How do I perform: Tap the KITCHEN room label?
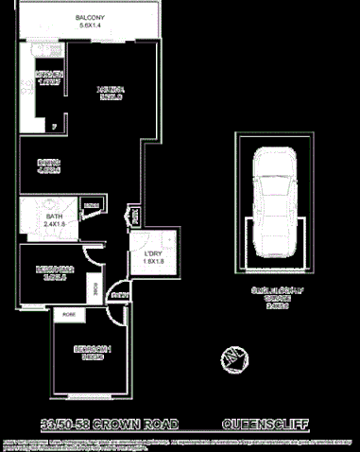click(x=49, y=74)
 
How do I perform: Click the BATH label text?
click(x=54, y=217)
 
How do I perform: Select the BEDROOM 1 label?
click(x=93, y=349)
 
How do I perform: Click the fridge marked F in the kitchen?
click(x=54, y=125)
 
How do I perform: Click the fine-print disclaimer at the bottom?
click(x=180, y=443)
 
